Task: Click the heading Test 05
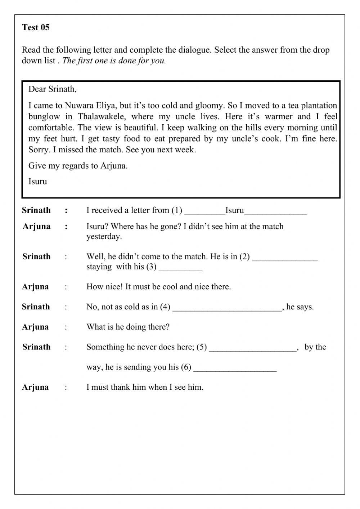[36, 27]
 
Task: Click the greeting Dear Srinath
[53, 89]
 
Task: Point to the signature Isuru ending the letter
[38, 181]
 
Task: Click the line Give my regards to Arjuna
[78, 166]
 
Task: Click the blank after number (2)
[285, 257]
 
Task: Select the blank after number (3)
[180, 267]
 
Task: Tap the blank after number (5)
[252, 348]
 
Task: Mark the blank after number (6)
[235, 368]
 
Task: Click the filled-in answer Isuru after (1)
[234, 210]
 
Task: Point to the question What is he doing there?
[128, 327]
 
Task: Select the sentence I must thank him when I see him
[145, 387]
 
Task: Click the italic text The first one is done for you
[114, 61]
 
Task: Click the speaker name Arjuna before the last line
[35, 387]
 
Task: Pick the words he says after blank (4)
[300, 307]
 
